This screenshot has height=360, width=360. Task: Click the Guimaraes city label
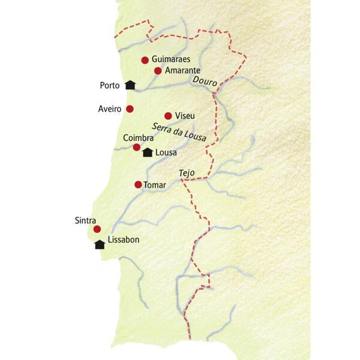(172, 60)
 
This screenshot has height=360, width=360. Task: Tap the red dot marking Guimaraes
(145, 60)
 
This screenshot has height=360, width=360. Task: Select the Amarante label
(185, 71)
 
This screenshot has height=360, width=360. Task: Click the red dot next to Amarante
(158, 71)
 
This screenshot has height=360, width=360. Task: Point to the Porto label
(110, 85)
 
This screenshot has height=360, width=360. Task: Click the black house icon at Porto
(130, 85)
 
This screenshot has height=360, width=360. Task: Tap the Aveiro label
(110, 109)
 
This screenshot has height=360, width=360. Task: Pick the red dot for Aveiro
(130, 109)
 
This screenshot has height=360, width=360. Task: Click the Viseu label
(185, 116)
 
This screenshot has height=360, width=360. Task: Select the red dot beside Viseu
(168, 116)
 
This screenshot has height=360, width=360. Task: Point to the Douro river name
(205, 82)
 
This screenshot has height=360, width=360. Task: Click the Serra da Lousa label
(179, 133)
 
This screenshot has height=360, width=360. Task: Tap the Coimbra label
(139, 138)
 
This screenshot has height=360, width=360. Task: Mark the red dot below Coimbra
(137, 147)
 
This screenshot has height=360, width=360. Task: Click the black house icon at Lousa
(147, 152)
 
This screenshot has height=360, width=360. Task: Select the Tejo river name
(187, 173)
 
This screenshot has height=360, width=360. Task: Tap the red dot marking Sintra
(97, 229)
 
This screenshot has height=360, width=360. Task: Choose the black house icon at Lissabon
(100, 244)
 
